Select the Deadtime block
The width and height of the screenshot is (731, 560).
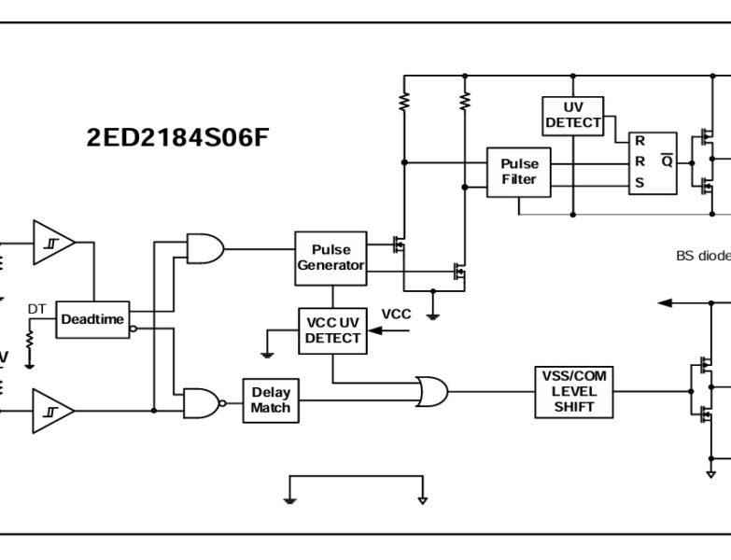92,319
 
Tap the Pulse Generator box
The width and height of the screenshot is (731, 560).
330,257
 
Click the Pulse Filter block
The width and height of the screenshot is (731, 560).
519,172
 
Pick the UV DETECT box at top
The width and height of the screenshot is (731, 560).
573,115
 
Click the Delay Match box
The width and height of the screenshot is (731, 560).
271,400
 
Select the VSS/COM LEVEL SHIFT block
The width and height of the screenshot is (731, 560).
573,391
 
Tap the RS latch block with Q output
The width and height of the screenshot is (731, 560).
652,162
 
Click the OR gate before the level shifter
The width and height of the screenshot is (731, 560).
430,391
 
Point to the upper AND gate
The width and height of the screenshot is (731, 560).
204,248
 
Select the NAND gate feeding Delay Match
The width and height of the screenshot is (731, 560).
203,402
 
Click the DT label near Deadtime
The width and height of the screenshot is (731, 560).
36,309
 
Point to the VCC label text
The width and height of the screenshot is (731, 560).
396,314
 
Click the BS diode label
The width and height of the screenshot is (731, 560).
702,255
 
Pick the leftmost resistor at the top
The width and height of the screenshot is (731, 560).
403,102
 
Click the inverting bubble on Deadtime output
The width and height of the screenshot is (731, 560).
134,329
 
